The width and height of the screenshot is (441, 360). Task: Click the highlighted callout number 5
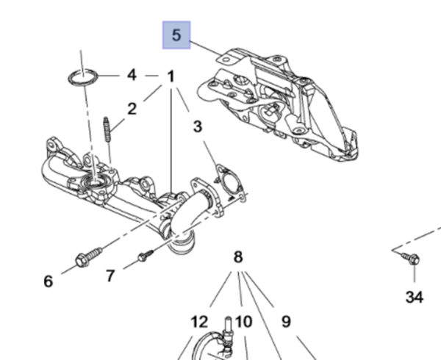[x=176, y=35]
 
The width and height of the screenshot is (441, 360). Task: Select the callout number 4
[x=132, y=74]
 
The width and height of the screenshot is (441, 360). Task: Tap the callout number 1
[x=171, y=76]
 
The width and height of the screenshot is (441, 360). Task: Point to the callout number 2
[x=132, y=109]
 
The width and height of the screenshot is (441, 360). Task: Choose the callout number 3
[x=198, y=127]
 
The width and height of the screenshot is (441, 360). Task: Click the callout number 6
[x=49, y=281]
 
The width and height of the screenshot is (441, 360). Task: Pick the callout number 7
[x=110, y=276]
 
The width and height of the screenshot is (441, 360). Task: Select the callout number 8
[x=237, y=257]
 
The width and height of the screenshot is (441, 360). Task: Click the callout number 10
[x=244, y=321]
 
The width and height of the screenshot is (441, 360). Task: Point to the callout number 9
[x=286, y=321]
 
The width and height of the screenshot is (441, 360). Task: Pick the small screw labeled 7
[x=146, y=255]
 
